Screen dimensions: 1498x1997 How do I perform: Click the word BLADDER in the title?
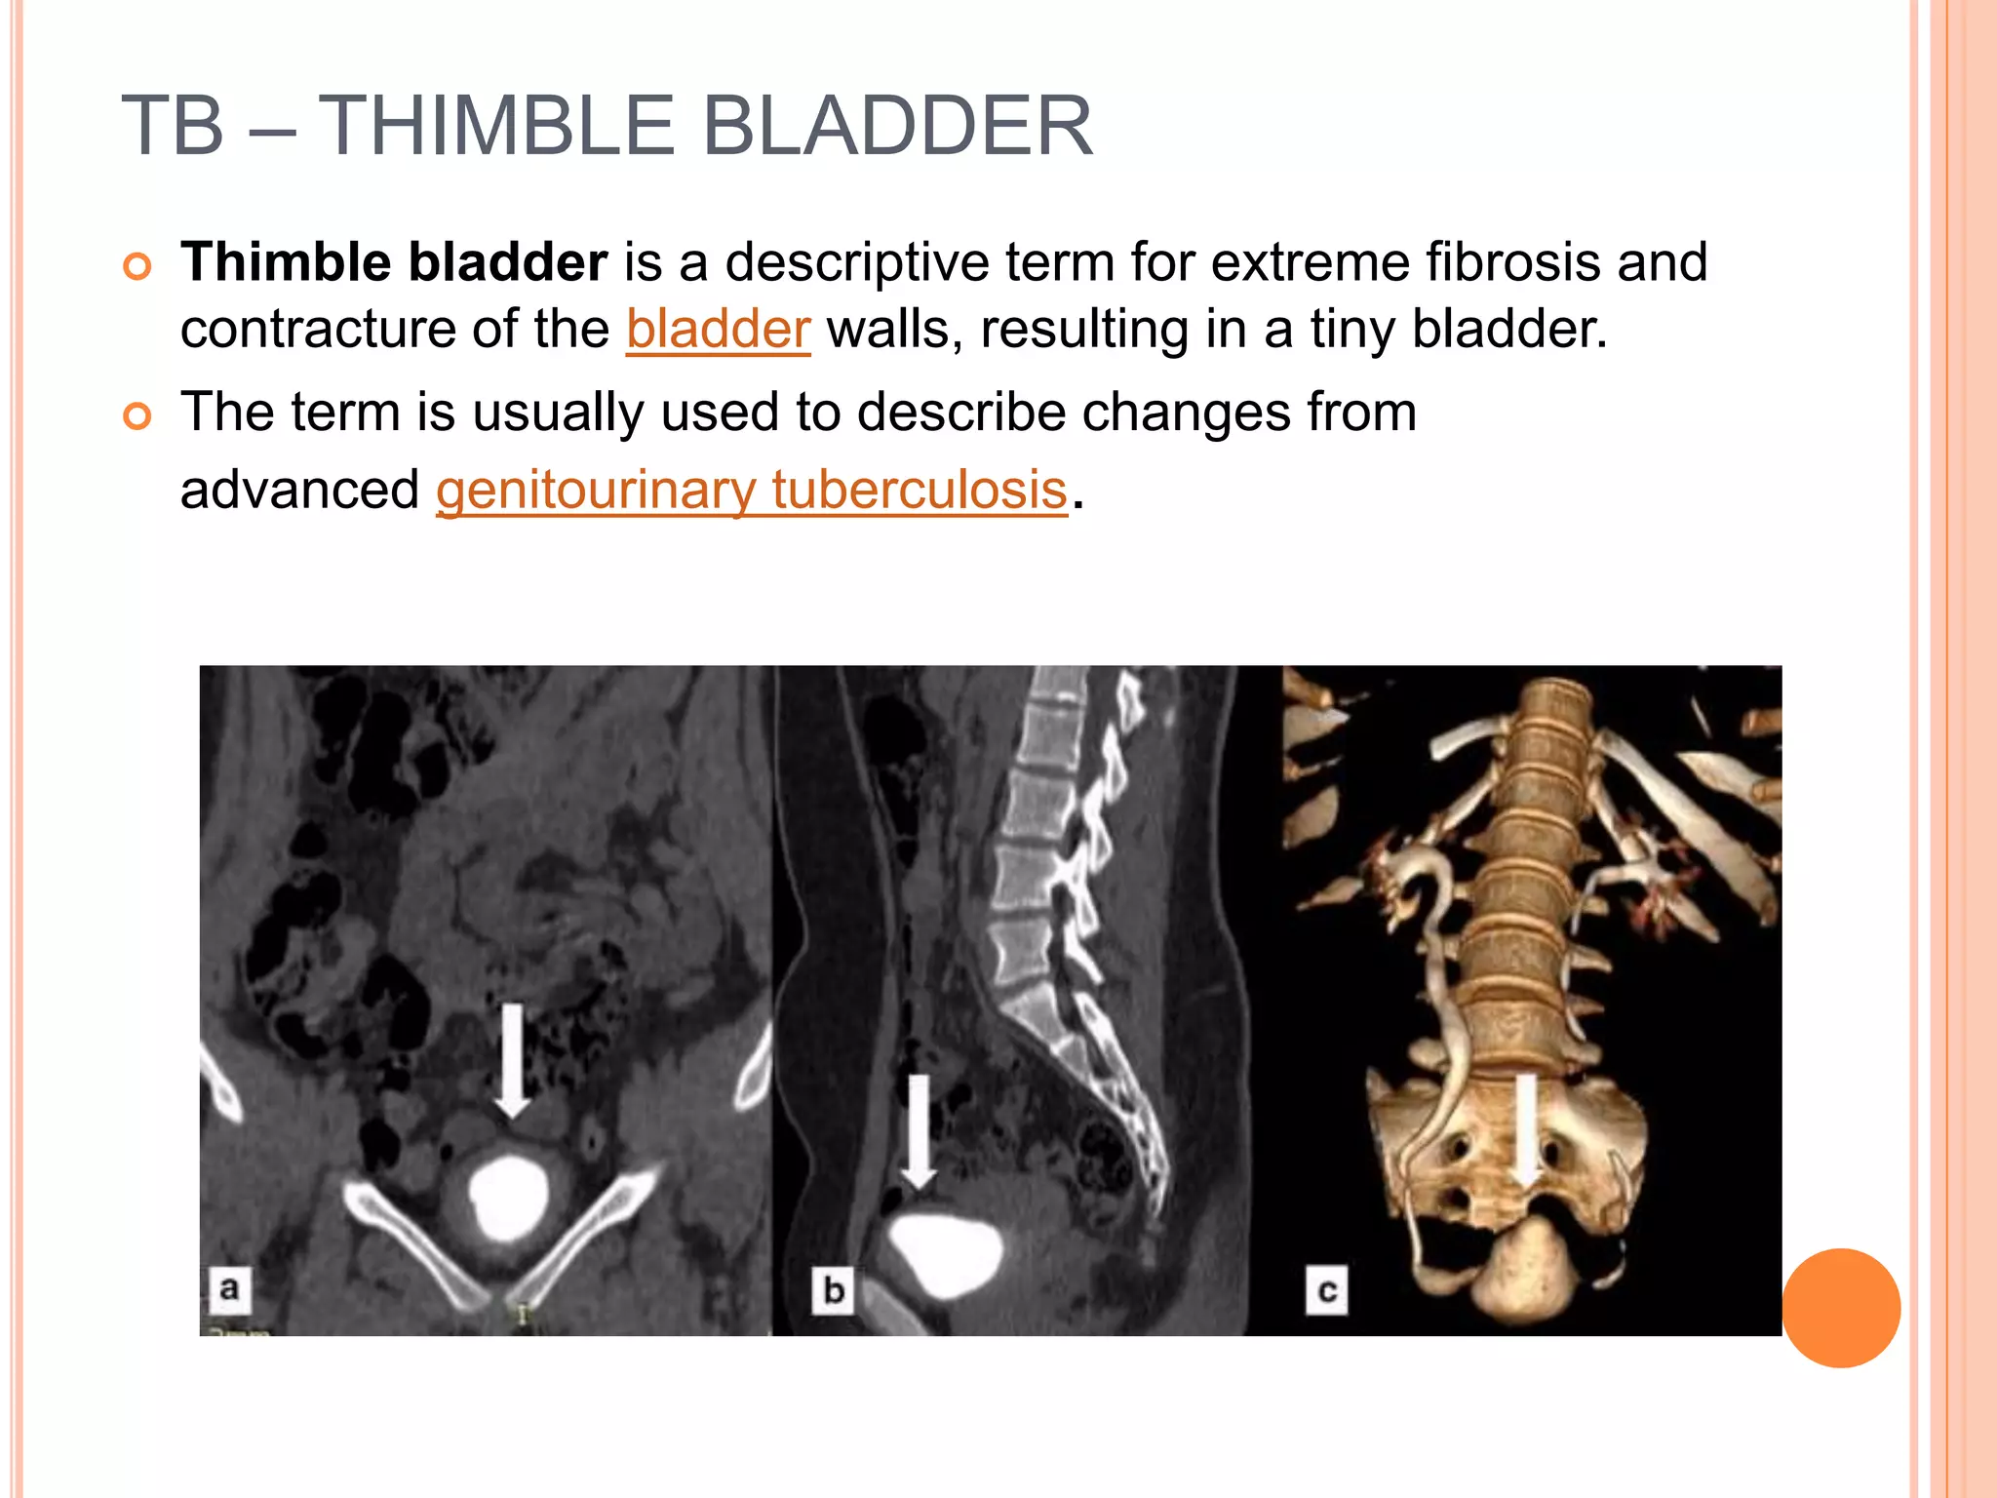coord(897,126)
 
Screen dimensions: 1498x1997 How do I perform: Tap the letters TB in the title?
coord(173,126)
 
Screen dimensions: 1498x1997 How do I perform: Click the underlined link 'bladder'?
coord(718,330)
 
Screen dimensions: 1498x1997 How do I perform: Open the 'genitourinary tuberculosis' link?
coord(752,490)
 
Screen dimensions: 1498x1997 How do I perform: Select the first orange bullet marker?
coord(138,266)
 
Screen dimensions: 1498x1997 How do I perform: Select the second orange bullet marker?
coord(138,416)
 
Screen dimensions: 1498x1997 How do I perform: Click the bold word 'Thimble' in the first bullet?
coord(286,262)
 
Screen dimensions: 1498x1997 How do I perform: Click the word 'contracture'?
coord(317,330)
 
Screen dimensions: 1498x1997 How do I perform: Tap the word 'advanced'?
coord(299,490)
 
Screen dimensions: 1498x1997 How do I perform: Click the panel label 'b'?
coord(834,1290)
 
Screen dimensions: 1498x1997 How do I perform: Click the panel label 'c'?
coord(1327,1290)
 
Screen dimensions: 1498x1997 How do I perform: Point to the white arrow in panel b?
coord(917,1131)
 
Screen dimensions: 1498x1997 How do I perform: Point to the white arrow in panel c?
coord(1527,1131)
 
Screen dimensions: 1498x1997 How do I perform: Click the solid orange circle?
coord(1841,1308)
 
